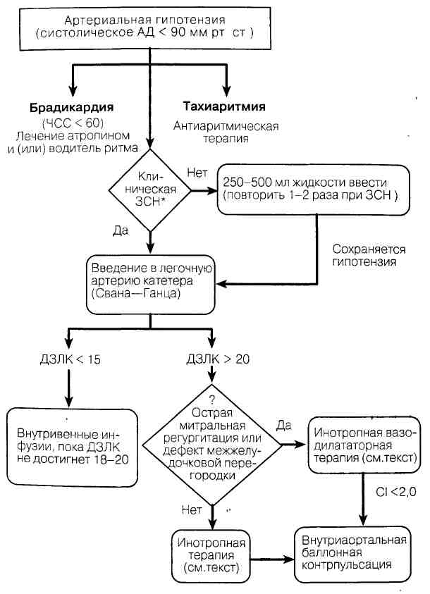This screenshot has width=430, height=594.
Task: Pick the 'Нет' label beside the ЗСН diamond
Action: pos(197,171)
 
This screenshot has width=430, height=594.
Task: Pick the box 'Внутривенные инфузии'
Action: pos(71,444)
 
